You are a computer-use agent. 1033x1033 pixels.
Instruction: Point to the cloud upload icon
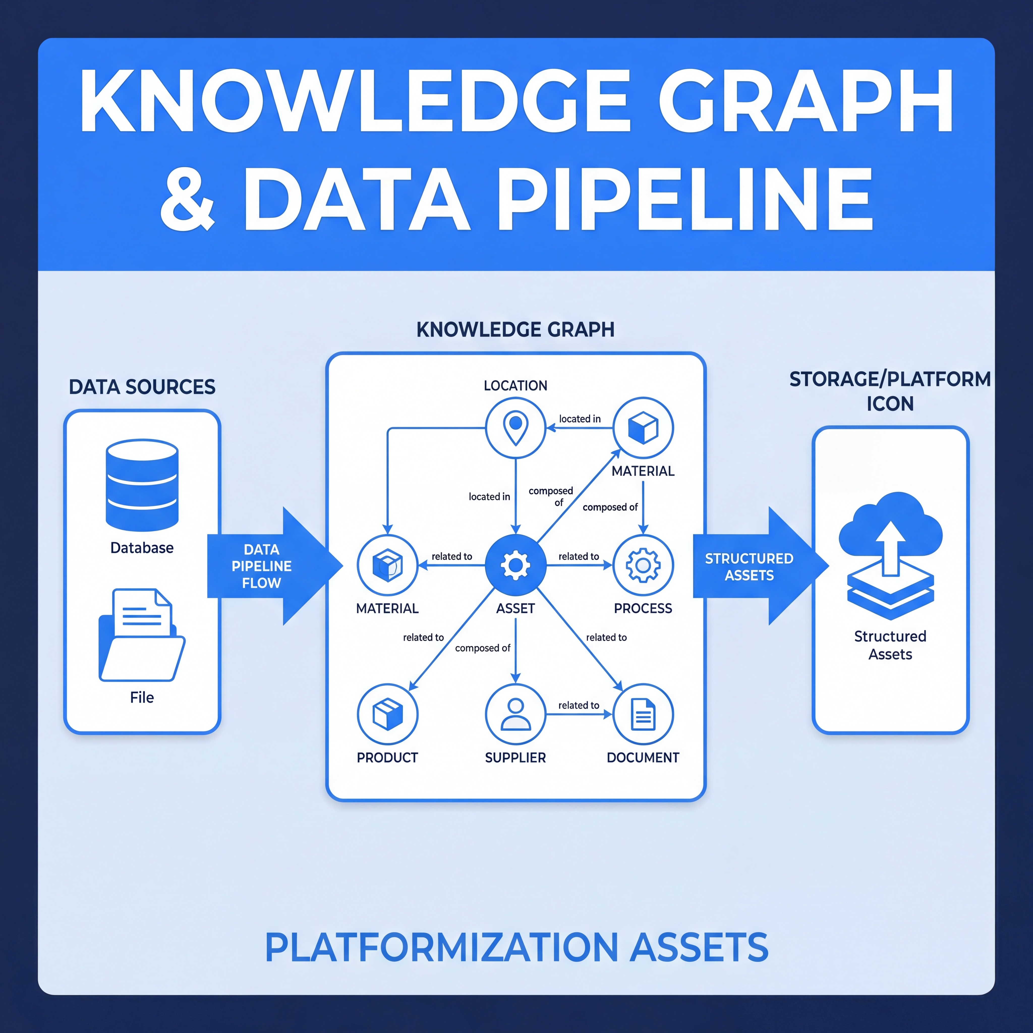[x=890, y=556]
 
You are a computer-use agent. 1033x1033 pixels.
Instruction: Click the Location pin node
[x=515, y=428]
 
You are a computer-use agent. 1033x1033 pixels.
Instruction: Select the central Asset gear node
[x=515, y=565]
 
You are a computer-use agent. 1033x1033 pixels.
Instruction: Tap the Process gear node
[x=643, y=565]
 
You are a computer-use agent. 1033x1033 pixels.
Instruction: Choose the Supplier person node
[x=515, y=714]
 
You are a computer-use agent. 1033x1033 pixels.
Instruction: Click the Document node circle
[x=643, y=714]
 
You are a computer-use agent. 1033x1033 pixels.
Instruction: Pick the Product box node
[x=388, y=714]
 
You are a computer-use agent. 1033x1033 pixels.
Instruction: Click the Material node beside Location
[x=643, y=428]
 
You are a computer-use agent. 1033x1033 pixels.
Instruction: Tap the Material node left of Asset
[x=388, y=565]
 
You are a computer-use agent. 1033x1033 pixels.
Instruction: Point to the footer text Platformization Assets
[x=516, y=947]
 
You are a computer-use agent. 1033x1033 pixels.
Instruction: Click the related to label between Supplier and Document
[x=579, y=705]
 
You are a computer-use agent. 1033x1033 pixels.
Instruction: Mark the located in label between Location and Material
[x=580, y=419]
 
